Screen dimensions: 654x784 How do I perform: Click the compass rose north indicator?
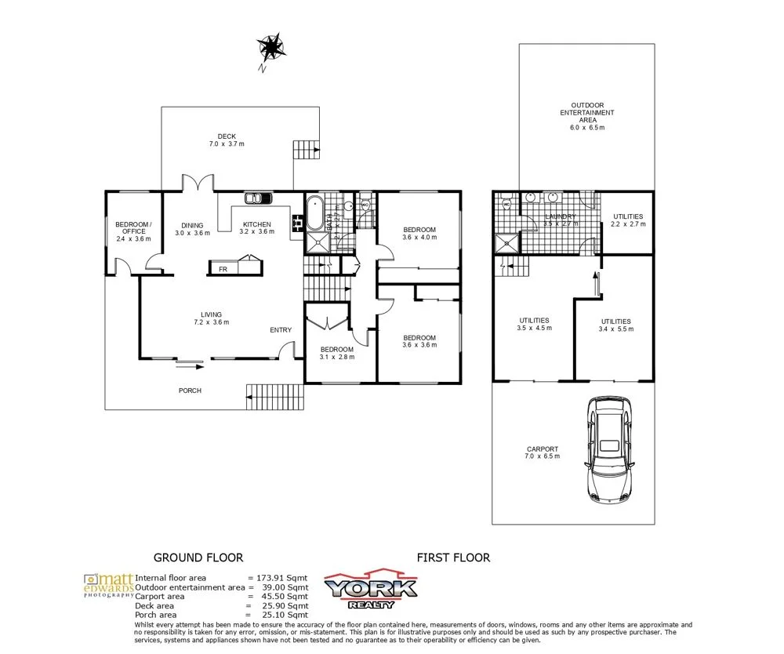coord(271,49)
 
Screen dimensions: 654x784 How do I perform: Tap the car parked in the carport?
coord(610,449)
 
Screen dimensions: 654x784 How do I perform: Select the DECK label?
coord(227,136)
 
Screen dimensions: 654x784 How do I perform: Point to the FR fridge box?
coord(223,268)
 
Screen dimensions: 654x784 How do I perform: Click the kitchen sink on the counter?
coord(256,198)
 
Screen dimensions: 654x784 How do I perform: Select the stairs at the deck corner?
coord(306,149)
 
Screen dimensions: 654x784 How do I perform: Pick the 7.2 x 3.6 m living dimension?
coord(211,322)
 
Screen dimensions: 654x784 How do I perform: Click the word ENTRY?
coord(281,330)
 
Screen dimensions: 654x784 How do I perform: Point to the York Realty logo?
coord(371,590)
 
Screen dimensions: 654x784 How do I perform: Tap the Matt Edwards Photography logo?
coord(108,585)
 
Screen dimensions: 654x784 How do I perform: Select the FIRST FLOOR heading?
coord(453,558)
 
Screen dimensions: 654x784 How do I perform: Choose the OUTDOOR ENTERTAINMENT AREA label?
coord(587,112)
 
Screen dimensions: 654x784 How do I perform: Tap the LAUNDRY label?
coord(561,216)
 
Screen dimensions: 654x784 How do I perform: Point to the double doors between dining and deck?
coord(199,183)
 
